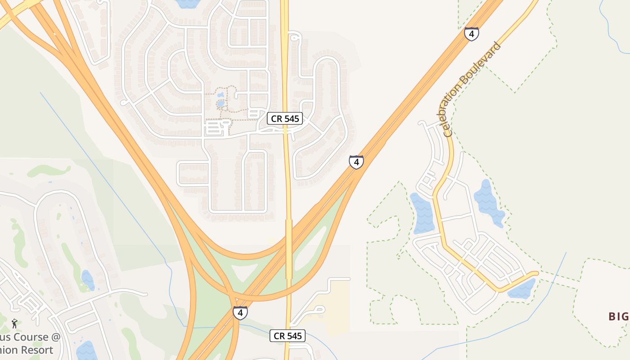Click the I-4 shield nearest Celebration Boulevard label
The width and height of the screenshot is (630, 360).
[472, 34]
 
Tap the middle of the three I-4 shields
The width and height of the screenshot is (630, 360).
[356, 162]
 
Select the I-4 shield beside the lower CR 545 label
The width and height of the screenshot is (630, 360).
[240, 313]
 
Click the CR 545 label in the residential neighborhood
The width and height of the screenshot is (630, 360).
[285, 118]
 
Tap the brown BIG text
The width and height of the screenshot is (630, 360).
[618, 316]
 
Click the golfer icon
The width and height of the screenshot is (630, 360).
[14, 323]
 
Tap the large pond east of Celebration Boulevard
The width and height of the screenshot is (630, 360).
[490, 202]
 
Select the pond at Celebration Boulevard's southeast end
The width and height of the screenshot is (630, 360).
[522, 289]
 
